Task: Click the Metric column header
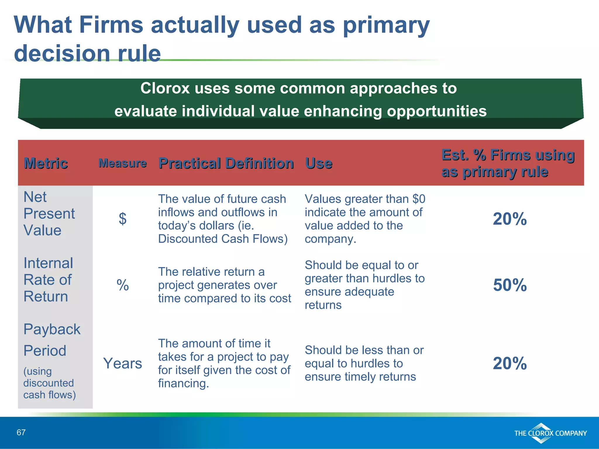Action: tap(46, 163)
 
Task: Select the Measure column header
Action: tap(122, 163)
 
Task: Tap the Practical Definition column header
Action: tap(226, 163)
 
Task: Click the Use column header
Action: tap(319, 163)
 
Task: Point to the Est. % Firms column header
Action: tap(508, 163)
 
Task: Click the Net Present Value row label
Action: tap(49, 213)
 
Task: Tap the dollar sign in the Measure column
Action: tap(123, 219)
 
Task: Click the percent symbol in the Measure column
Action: tap(123, 285)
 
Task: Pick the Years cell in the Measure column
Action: tap(123, 363)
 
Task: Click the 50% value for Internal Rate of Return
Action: tap(510, 285)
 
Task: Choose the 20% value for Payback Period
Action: tap(510, 363)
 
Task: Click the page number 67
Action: tap(21, 432)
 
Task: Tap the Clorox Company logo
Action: tap(550, 433)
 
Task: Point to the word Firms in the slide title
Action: tap(111, 25)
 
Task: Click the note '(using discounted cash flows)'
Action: tap(49, 383)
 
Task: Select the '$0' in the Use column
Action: tap(419, 199)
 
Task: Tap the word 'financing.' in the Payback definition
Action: tap(183, 384)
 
